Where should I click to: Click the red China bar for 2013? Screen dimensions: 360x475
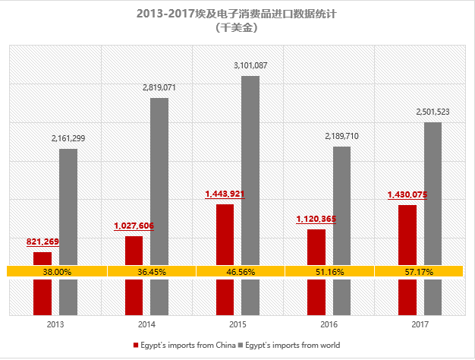(x=42, y=292)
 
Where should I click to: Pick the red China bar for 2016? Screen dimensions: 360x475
(x=316, y=292)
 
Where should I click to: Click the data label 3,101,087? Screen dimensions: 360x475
(x=250, y=66)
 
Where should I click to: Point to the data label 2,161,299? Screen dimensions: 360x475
(x=68, y=138)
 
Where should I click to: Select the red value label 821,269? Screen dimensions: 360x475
(x=42, y=242)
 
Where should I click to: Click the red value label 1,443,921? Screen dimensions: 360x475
(x=225, y=194)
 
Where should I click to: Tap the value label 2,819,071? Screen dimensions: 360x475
(x=159, y=88)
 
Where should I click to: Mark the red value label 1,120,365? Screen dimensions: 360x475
(x=316, y=219)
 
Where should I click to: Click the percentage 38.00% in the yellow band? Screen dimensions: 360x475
(x=57, y=271)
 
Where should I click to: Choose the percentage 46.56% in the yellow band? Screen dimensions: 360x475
(x=239, y=271)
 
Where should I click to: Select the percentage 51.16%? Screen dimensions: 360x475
(x=330, y=271)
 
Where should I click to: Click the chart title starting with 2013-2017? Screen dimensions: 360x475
(x=237, y=14)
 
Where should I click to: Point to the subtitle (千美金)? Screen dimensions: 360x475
(x=237, y=27)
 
